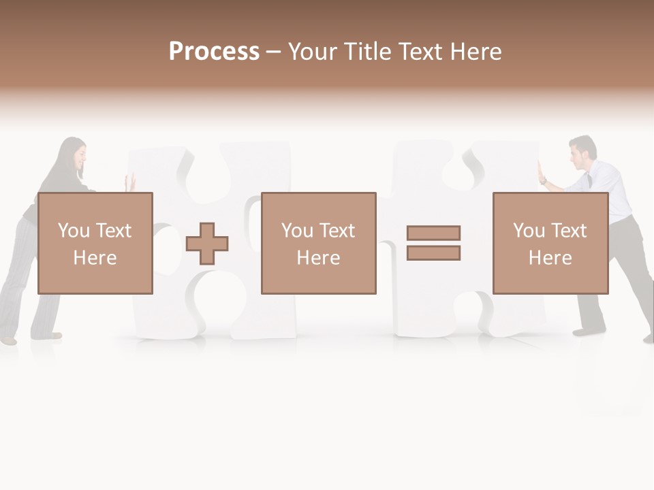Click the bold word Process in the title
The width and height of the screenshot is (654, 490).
tap(214, 52)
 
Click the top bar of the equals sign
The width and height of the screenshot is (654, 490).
tap(433, 233)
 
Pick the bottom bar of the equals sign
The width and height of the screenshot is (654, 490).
tap(433, 253)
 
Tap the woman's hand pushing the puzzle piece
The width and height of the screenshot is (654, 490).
tap(130, 182)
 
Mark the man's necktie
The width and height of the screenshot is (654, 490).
tap(590, 182)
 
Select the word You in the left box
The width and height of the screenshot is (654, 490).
tap(74, 231)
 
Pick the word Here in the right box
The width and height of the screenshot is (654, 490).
tap(550, 258)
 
